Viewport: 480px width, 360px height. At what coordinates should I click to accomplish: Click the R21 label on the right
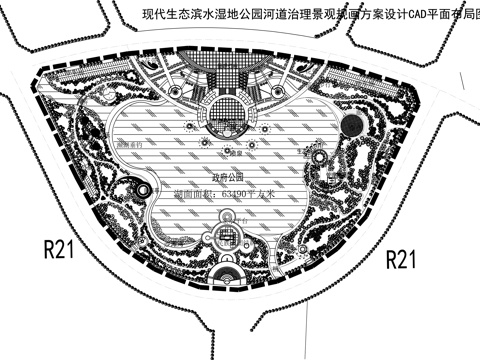click(401, 260)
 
